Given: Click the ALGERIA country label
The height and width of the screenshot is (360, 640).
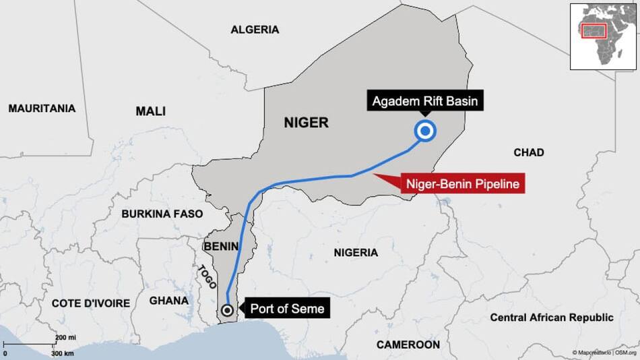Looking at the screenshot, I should [x=255, y=30].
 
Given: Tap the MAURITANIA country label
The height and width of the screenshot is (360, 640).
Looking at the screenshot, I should [x=42, y=108].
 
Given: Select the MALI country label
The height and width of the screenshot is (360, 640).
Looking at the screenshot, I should [x=150, y=111].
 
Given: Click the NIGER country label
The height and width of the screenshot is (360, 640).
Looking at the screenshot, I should [x=306, y=123].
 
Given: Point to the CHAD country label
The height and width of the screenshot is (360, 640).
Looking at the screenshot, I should [x=528, y=152].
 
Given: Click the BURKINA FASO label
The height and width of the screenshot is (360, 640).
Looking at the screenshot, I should [x=162, y=214].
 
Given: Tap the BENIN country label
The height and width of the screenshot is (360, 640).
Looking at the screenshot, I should [x=221, y=247].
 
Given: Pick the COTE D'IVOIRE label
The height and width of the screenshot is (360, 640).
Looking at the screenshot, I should [x=91, y=303].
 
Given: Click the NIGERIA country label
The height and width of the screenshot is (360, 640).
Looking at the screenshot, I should [x=356, y=252].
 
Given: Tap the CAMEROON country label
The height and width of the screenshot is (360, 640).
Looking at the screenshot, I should [x=408, y=344].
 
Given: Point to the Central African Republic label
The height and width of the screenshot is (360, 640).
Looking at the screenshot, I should [x=551, y=318].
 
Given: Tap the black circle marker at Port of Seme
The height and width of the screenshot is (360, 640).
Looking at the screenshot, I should [x=228, y=310].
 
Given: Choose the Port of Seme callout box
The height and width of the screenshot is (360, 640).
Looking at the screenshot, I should [x=287, y=309].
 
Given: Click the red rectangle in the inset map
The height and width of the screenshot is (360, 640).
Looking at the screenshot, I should [x=596, y=31].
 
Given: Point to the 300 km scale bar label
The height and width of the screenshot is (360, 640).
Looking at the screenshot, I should [x=63, y=353].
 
